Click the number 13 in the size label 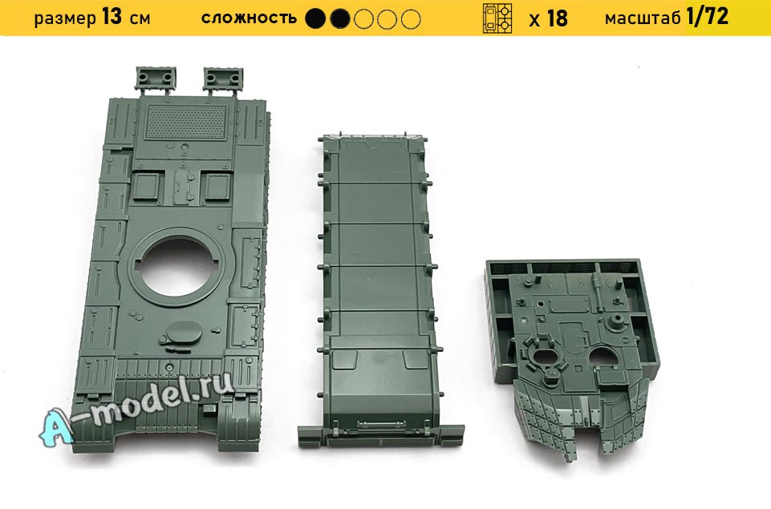[112, 17]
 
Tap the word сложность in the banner [249, 18]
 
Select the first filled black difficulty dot [315, 19]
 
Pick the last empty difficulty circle [411, 19]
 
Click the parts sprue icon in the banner [497, 18]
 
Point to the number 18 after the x [557, 18]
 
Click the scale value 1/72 [707, 17]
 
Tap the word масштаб [643, 18]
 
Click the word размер [66, 19]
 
